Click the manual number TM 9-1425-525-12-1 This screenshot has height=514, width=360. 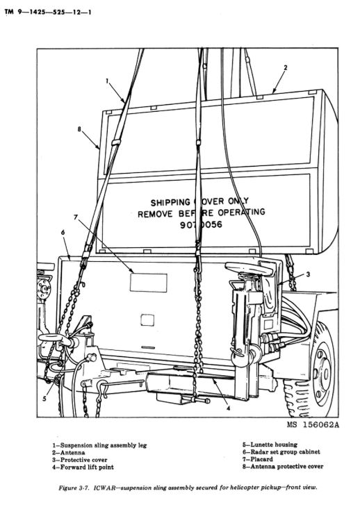(48, 13)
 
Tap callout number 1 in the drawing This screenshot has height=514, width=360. (107, 81)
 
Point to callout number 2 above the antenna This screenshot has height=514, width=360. (285, 68)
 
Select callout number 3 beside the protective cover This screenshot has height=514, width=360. (308, 274)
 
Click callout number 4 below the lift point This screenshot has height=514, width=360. (229, 408)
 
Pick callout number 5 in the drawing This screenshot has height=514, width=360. (44, 398)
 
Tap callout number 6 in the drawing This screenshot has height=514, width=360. (63, 233)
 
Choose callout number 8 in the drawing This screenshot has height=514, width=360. (79, 129)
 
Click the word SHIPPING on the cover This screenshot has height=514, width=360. (170, 203)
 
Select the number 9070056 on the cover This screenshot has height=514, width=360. (201, 225)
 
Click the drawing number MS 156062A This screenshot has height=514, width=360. (313, 425)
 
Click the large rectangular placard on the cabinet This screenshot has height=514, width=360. (149, 283)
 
